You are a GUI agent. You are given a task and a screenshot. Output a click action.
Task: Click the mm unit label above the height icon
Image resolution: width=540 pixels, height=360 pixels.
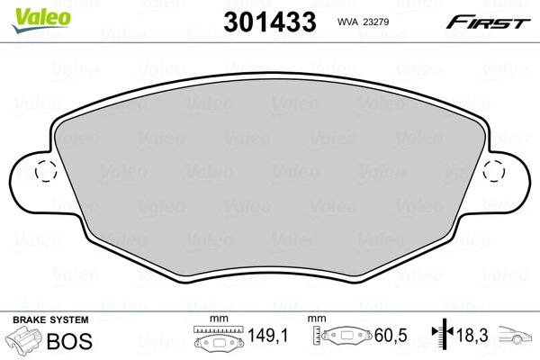coord(317,319)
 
